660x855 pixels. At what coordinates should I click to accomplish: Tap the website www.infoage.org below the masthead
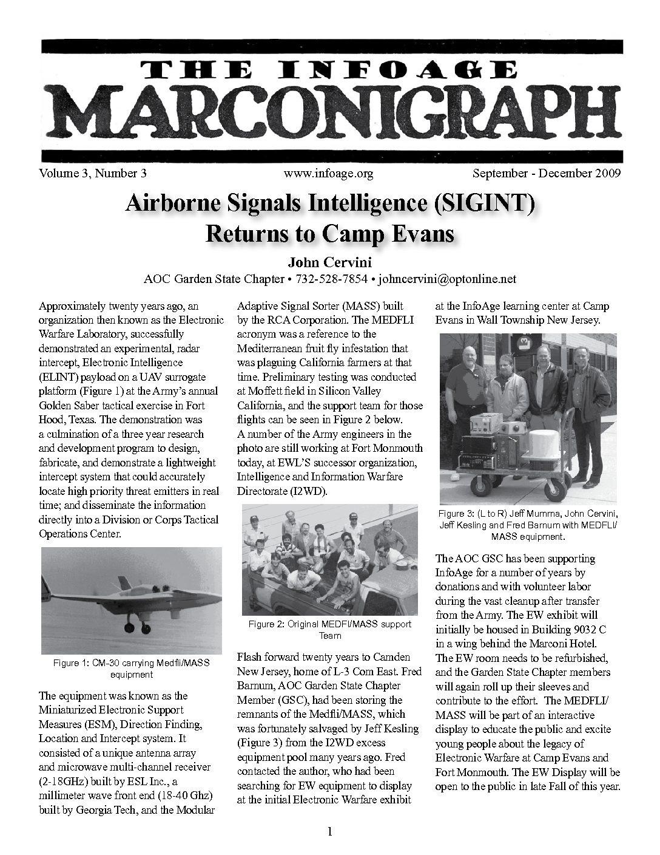click(x=328, y=174)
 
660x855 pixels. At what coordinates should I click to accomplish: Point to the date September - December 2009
click(x=546, y=174)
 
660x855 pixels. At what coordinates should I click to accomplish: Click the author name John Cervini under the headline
click(x=329, y=263)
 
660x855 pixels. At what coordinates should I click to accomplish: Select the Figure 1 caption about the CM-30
click(x=131, y=669)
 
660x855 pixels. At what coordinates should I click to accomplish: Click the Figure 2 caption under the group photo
click(x=329, y=630)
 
